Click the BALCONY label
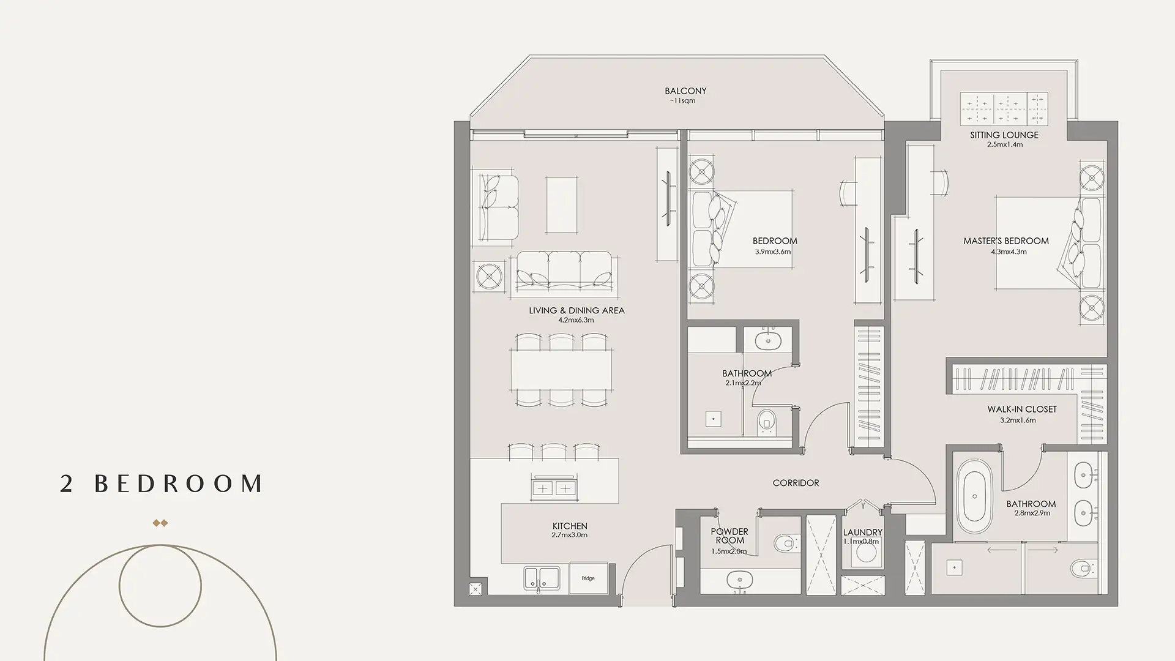[685, 91]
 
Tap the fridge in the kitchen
[588, 578]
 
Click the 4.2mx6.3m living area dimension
[576, 320]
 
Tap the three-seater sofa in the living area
[564, 270]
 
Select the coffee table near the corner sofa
[562, 204]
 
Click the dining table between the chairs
[561, 369]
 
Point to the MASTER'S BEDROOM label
[1006, 241]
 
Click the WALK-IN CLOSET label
[1021, 409]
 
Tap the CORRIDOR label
[796, 483]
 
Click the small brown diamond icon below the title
[160, 523]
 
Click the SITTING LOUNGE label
[1004, 135]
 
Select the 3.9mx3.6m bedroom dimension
[773, 252]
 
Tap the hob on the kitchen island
[553, 488]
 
